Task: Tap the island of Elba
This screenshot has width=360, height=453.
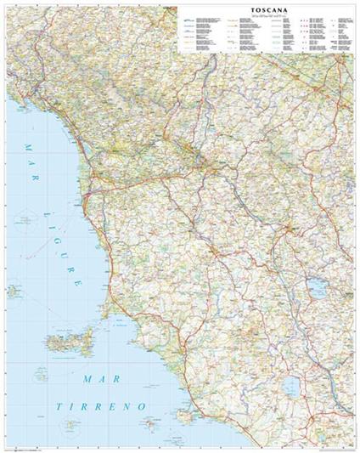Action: (67, 343)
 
